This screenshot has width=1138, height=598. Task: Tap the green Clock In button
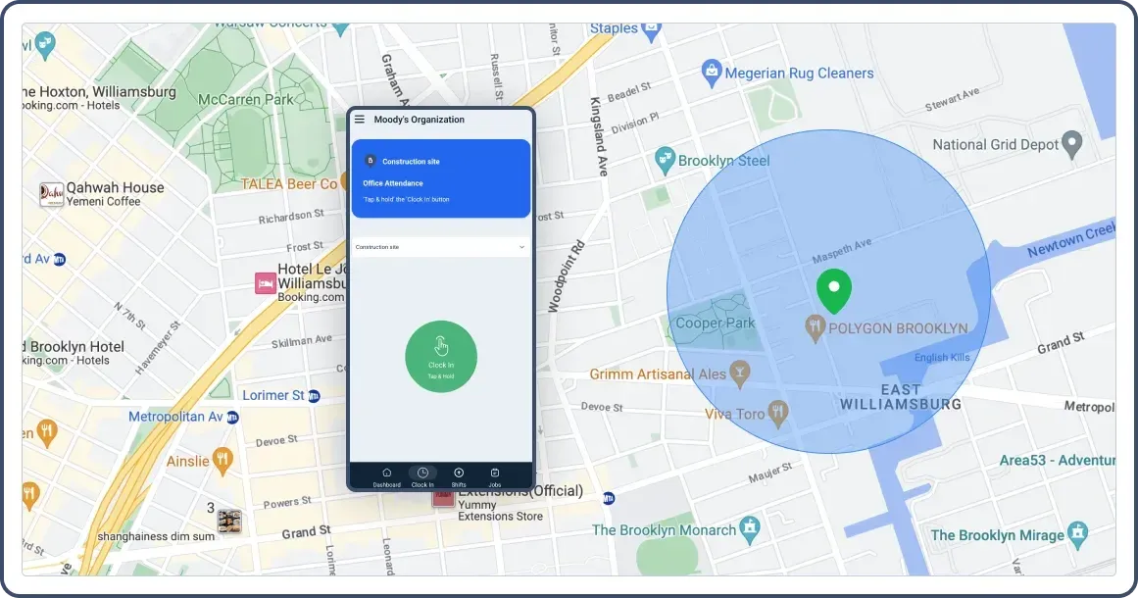click(441, 355)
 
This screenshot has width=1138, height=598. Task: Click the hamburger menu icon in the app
click(360, 120)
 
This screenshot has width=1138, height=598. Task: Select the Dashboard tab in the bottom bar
click(386, 475)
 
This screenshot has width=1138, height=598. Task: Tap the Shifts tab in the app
click(459, 475)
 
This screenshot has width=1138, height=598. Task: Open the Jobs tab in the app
click(495, 475)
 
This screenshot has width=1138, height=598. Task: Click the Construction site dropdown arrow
click(521, 247)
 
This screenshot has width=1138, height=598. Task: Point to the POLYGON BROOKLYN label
click(898, 328)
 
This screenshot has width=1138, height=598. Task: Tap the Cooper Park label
click(716, 323)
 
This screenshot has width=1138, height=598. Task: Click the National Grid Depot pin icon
click(1073, 144)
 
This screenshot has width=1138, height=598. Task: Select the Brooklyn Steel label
click(724, 160)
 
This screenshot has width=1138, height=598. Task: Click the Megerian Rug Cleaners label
click(799, 73)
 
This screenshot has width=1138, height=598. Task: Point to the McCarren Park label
click(245, 99)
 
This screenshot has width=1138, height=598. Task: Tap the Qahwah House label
click(115, 187)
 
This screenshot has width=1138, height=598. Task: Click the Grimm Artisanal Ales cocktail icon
click(740, 373)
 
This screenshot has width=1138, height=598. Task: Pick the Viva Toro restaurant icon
click(778, 413)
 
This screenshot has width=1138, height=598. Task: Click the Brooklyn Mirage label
click(997, 535)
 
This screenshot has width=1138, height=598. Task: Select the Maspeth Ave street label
click(842, 251)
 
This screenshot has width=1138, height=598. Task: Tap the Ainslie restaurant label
click(187, 460)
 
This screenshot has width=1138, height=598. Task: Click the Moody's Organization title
click(420, 120)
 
